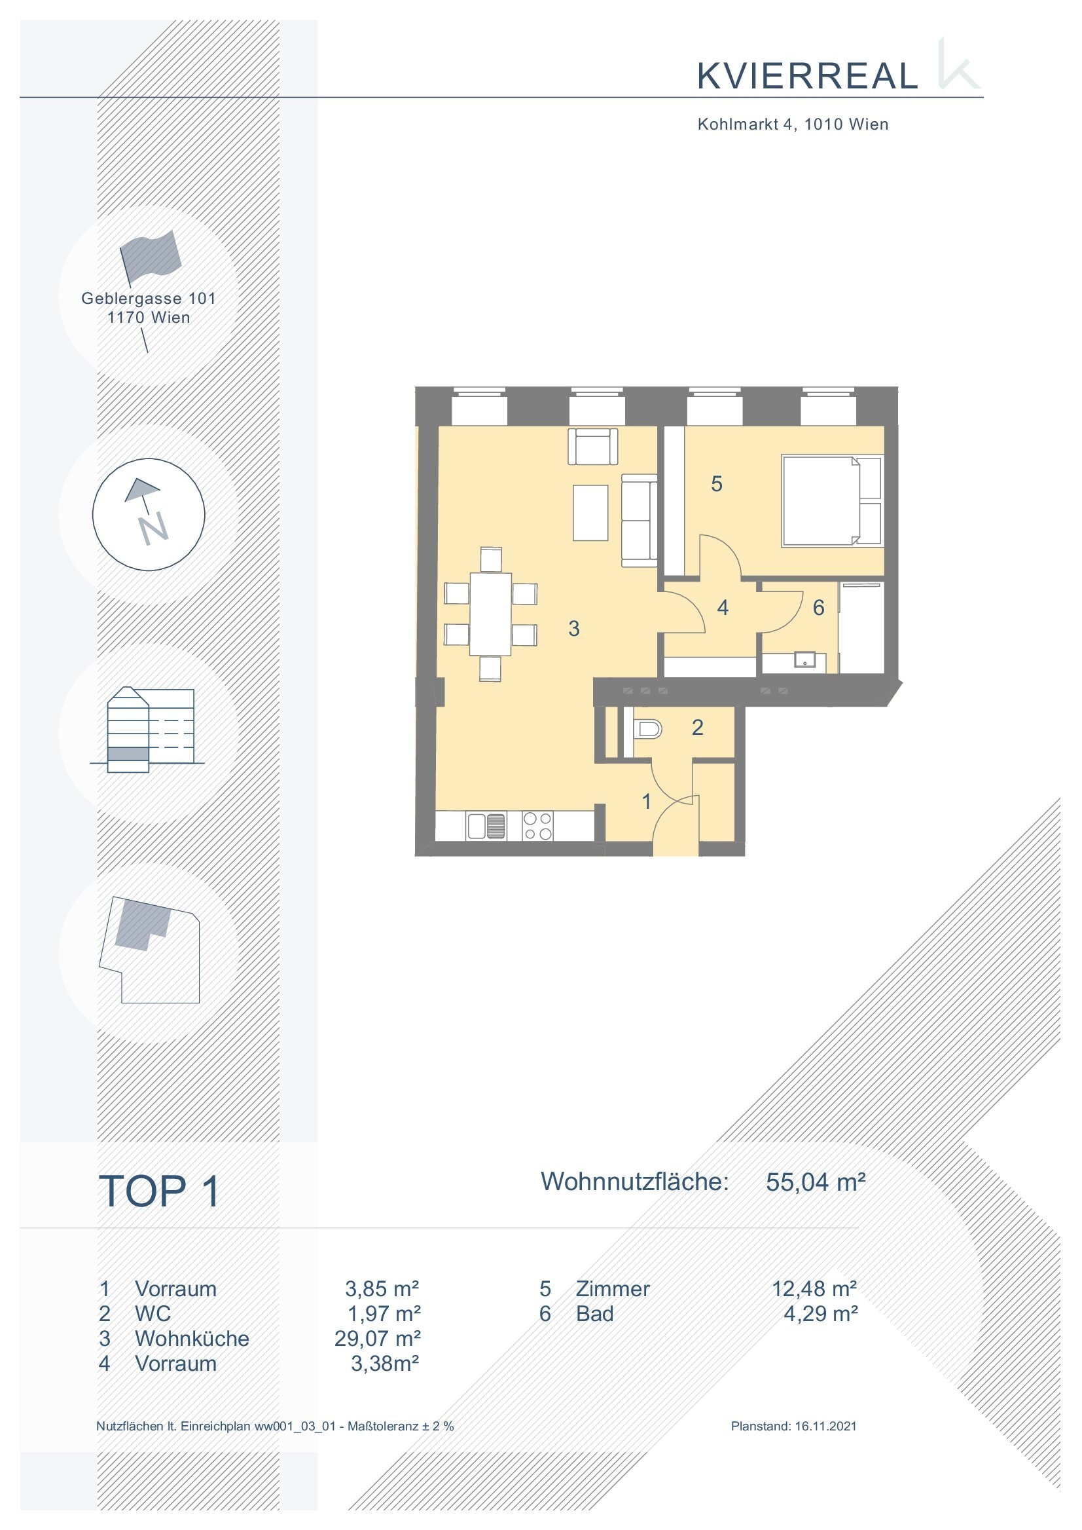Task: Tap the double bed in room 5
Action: (x=833, y=500)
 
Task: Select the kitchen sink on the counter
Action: (x=486, y=826)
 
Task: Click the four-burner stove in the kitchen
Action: (x=537, y=825)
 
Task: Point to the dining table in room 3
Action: (x=490, y=614)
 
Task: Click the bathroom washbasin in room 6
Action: (x=806, y=662)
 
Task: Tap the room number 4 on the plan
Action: (x=723, y=607)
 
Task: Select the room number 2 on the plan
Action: (x=698, y=727)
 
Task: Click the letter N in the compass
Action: (x=153, y=529)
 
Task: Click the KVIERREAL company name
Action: (x=808, y=76)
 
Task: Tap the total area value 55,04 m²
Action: (x=816, y=1182)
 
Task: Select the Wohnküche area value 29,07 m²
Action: (x=377, y=1339)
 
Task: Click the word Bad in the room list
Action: (x=594, y=1313)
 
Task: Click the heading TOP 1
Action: (x=158, y=1191)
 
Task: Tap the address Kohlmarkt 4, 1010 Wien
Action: (x=793, y=124)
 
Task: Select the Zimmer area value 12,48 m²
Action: (x=814, y=1289)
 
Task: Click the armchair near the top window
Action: (x=592, y=446)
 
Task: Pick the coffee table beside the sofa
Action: (x=590, y=513)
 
